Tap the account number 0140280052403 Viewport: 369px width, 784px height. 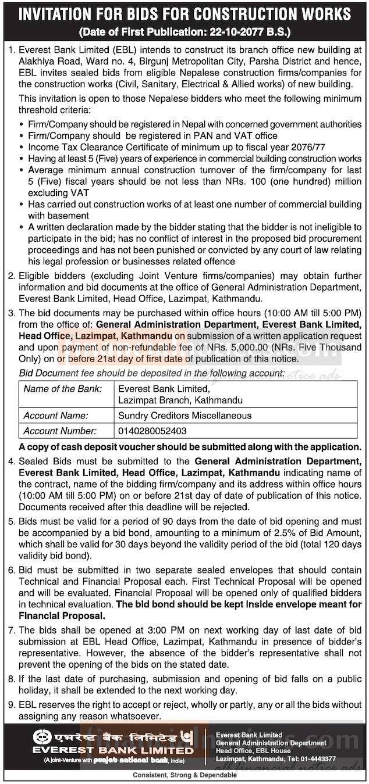152,431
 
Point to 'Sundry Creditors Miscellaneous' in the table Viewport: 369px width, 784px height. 185,416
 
